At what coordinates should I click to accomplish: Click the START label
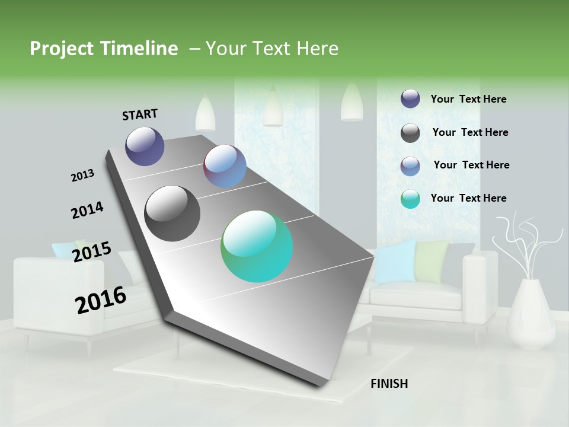coord(140,114)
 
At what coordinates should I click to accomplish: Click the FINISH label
coord(389,384)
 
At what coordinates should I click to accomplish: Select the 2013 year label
coord(82,176)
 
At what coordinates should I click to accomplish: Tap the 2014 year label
coord(87,210)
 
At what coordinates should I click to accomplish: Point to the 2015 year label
coord(91,252)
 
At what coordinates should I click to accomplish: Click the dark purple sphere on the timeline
coord(145,146)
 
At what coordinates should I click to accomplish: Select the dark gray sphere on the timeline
coord(172,213)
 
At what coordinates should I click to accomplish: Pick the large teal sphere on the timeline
coord(257,246)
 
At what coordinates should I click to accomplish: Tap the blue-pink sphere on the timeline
coord(225,166)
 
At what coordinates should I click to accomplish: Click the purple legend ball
coord(410,99)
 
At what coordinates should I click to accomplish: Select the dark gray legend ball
coord(410,133)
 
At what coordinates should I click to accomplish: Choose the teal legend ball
coord(410,199)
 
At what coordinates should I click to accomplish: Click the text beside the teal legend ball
coord(468,198)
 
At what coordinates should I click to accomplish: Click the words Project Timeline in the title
coord(104,49)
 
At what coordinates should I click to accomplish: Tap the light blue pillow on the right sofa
coord(395,261)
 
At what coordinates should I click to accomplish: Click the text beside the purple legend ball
coord(468,99)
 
